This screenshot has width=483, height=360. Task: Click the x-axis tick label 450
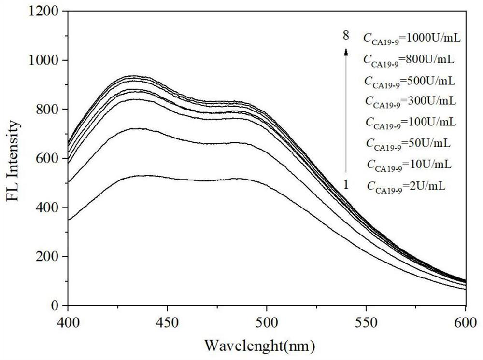point(167,320)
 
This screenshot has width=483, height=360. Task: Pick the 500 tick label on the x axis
point(267,320)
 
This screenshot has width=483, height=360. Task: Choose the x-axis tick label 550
point(366,320)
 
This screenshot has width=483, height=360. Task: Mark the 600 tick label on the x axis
point(465,320)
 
